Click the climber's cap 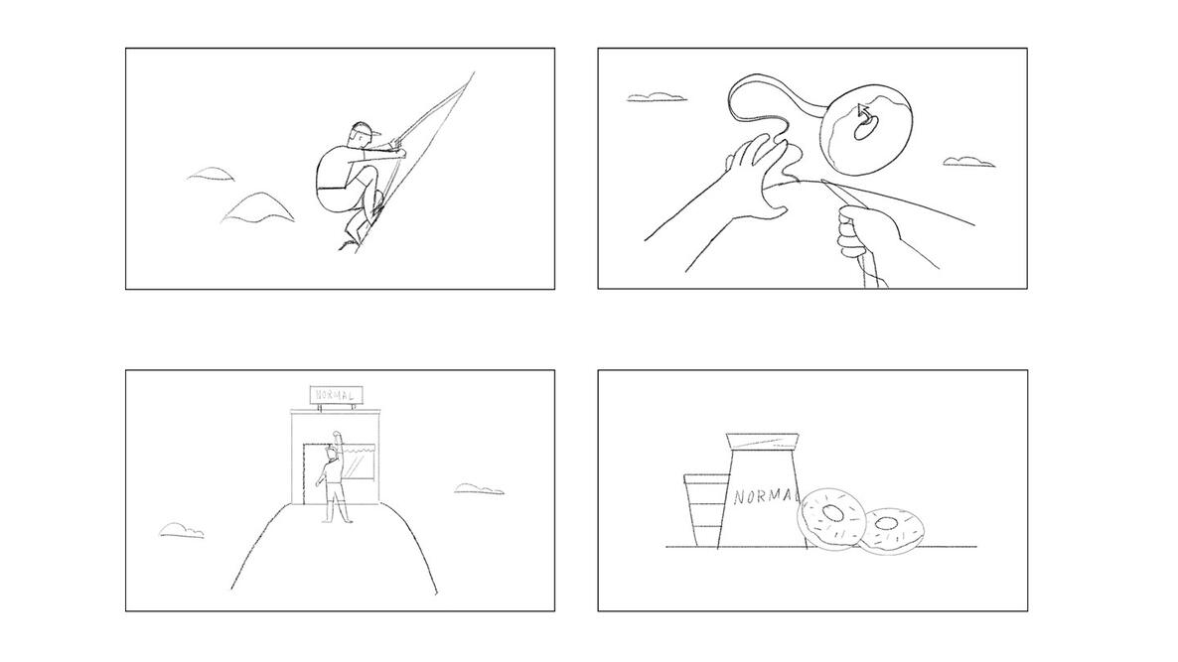(x=362, y=130)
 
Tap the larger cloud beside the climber (x=257, y=207)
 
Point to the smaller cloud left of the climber (x=211, y=174)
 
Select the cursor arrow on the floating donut (x=864, y=113)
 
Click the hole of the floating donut (x=865, y=129)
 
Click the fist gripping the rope (x=864, y=232)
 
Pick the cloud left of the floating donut (x=656, y=97)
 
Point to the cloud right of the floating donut (x=969, y=162)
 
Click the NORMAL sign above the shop (x=336, y=394)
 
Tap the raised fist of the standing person (x=337, y=435)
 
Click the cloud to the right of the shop (x=479, y=488)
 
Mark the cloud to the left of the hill (x=181, y=531)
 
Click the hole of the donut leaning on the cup (x=833, y=513)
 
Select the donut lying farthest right (x=891, y=531)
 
